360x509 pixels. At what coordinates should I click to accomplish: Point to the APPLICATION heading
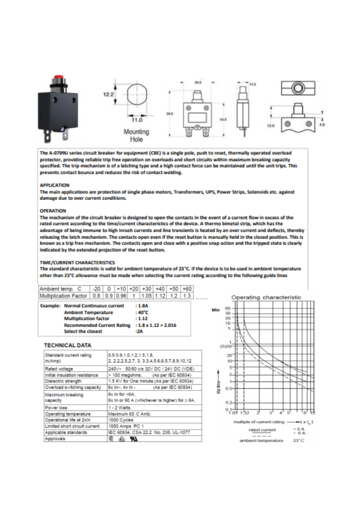click(x=54, y=185)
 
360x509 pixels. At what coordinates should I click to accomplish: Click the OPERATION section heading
click(x=53, y=210)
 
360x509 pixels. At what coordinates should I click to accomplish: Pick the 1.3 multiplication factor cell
click(x=187, y=296)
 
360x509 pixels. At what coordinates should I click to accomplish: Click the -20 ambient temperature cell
click(x=96, y=289)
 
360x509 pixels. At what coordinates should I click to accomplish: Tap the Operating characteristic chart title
click(x=266, y=297)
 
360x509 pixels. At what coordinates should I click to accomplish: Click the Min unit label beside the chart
click(x=216, y=310)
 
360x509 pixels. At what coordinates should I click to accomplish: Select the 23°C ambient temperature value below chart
click(x=298, y=440)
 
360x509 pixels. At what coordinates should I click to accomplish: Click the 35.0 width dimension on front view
click(x=198, y=83)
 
